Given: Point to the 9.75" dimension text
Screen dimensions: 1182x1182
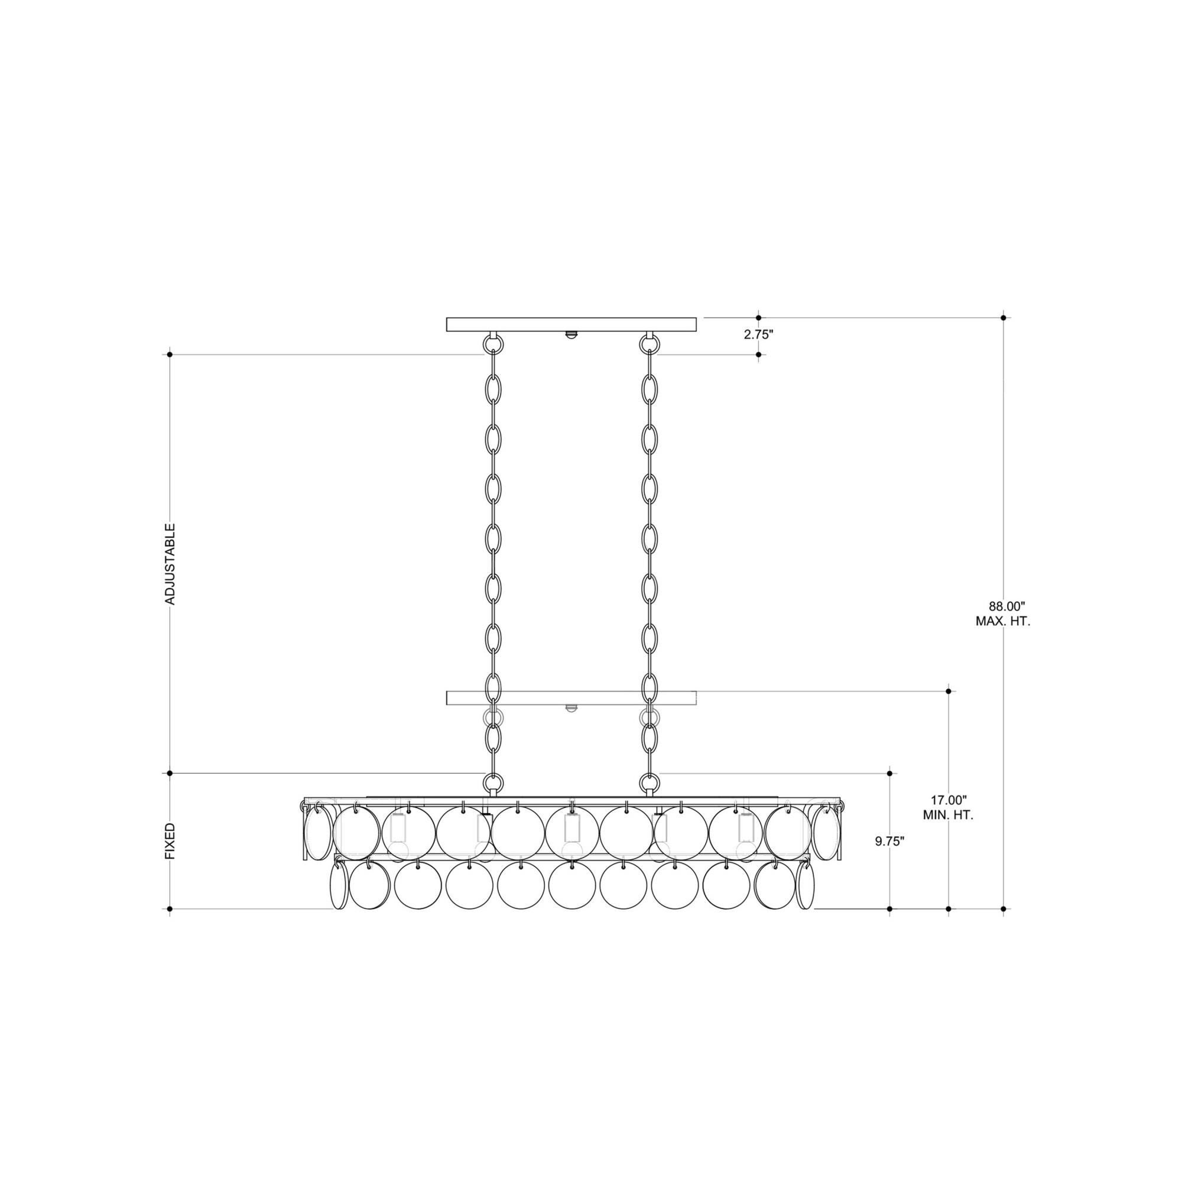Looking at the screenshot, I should [x=889, y=841].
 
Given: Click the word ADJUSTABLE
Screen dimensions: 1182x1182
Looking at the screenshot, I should [x=171, y=564].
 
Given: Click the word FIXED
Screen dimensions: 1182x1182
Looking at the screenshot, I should [x=171, y=840].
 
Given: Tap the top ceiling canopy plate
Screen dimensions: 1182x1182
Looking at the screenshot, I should [x=571, y=324].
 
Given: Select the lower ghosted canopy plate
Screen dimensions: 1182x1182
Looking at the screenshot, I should [x=571, y=698].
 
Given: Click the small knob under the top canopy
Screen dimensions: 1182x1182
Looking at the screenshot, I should [x=571, y=335].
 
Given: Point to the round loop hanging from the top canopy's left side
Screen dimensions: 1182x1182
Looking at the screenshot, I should [x=493, y=345].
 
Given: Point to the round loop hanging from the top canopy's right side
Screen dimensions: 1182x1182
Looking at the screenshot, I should [x=650, y=345].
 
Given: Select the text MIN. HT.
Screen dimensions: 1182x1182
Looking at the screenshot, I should [x=949, y=815].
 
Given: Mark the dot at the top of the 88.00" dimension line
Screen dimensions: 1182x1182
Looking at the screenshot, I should [x=1004, y=317].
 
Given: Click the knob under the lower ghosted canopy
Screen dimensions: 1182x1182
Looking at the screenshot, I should [x=571, y=709].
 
